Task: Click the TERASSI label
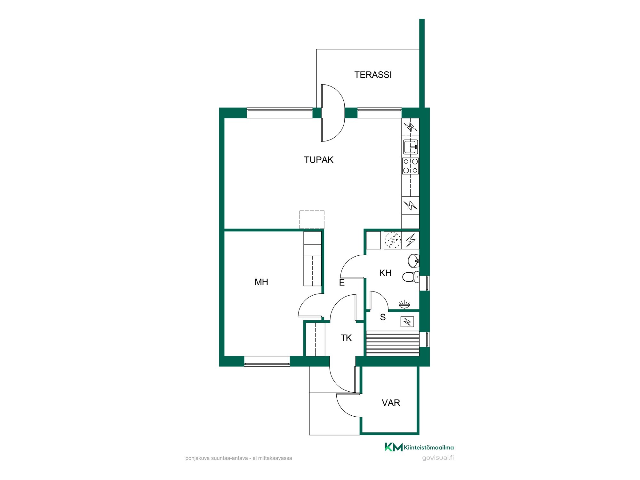373,75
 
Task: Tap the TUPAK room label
319,160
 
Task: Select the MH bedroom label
261,282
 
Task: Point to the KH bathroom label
385,273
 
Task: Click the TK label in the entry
346,338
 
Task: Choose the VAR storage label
391,403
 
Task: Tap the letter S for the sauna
383,317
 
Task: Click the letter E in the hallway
342,283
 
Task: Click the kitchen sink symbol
411,147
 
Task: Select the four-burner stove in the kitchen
411,166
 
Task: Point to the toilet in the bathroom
411,277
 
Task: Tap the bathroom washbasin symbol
414,260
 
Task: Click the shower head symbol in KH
404,304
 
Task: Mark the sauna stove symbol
407,321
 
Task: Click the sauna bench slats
392,343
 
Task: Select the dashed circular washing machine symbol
393,240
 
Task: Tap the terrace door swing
333,113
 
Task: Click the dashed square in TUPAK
312,220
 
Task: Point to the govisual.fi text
438,458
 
